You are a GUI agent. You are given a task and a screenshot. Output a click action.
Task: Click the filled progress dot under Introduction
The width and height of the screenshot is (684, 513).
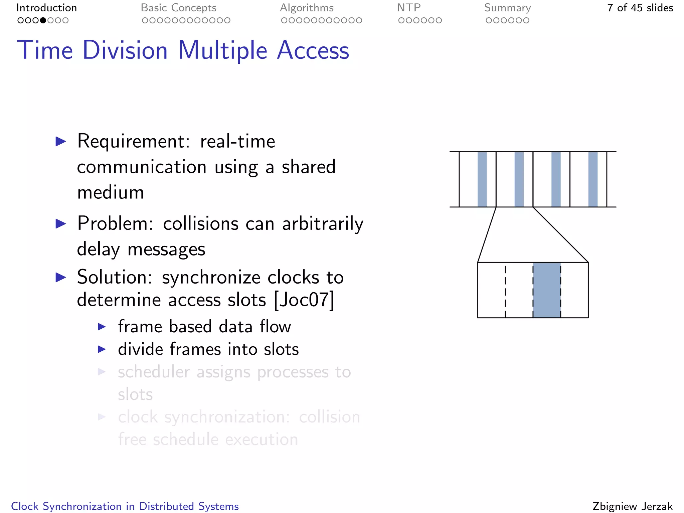tap(43, 20)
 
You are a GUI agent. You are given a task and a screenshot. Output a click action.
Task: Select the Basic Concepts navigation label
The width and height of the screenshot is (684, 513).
tap(178, 8)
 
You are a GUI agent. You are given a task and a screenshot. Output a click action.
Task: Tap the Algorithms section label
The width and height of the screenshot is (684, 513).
tap(307, 8)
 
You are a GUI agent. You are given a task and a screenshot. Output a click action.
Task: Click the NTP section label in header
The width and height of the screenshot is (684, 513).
tap(408, 8)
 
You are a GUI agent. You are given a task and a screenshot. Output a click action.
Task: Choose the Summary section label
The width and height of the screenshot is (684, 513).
tap(507, 8)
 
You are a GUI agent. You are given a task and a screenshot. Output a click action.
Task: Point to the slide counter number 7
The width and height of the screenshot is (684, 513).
tap(610, 8)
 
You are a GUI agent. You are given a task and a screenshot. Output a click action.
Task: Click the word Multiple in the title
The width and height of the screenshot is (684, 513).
tap(222, 50)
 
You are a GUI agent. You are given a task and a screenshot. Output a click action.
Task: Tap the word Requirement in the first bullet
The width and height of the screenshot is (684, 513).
tap(133, 141)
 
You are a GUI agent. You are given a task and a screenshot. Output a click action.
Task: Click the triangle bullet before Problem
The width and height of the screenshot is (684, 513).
tap(61, 223)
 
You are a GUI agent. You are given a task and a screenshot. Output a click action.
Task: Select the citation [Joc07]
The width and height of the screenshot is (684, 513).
tap(304, 300)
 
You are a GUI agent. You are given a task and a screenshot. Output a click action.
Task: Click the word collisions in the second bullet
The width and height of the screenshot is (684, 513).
tap(200, 223)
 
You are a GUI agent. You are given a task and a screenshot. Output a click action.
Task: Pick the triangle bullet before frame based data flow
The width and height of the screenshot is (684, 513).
tap(102, 327)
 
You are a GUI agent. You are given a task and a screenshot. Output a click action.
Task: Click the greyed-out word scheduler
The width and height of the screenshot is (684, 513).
tap(154, 372)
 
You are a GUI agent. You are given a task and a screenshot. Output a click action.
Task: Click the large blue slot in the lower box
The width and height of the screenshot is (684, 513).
tap(546, 290)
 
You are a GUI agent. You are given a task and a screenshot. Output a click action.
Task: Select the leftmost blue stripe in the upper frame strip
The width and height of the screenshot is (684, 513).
tap(482, 179)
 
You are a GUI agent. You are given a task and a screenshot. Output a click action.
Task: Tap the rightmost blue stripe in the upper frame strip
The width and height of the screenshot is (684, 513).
tap(592, 179)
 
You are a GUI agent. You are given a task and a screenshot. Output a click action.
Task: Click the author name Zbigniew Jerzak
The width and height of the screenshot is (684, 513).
tap(632, 506)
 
